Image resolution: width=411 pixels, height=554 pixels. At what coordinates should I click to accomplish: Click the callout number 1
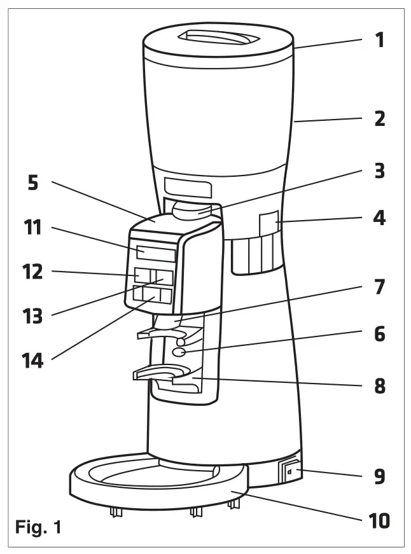(379, 41)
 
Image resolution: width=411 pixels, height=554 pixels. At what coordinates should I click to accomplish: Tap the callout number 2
(379, 118)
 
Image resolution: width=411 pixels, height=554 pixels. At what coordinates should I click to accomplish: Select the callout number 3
(379, 171)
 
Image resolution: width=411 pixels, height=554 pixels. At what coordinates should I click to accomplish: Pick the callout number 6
(379, 333)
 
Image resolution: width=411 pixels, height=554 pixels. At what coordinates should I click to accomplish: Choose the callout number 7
(379, 287)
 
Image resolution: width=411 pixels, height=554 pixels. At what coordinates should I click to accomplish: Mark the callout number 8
(379, 385)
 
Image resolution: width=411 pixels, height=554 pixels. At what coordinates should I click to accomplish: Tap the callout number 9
(379, 476)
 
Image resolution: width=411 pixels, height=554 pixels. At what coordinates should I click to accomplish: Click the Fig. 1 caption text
(39, 527)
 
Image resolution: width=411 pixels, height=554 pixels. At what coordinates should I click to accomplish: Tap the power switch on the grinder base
(289, 473)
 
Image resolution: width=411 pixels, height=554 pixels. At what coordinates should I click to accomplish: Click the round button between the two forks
(179, 350)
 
